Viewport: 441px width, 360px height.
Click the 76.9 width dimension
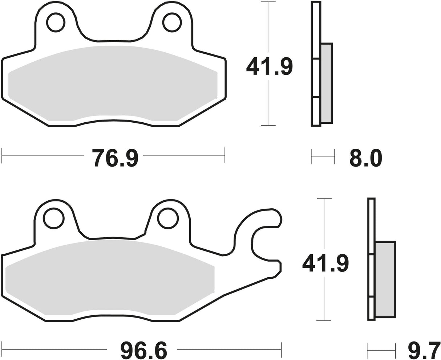tap(115, 158)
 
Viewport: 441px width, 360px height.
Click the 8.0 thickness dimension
tap(366, 158)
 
